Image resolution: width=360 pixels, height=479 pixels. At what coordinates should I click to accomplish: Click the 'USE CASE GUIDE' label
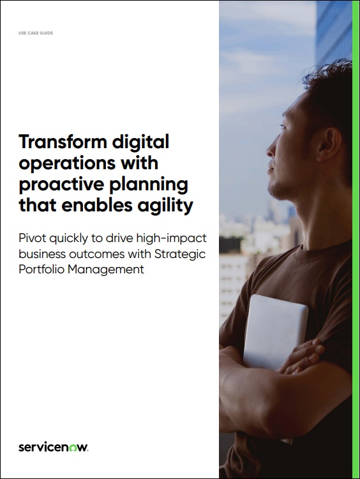pyautogui.click(x=36, y=33)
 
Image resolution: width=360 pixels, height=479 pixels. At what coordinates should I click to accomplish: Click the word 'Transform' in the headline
pyautogui.click(x=61, y=141)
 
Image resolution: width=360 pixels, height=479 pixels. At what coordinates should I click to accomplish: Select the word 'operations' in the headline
pyautogui.click(x=66, y=163)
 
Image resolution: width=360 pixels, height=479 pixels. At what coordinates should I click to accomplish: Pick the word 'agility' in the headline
pyautogui.click(x=167, y=206)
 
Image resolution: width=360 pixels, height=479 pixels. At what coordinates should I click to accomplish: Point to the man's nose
pyautogui.click(x=270, y=156)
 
